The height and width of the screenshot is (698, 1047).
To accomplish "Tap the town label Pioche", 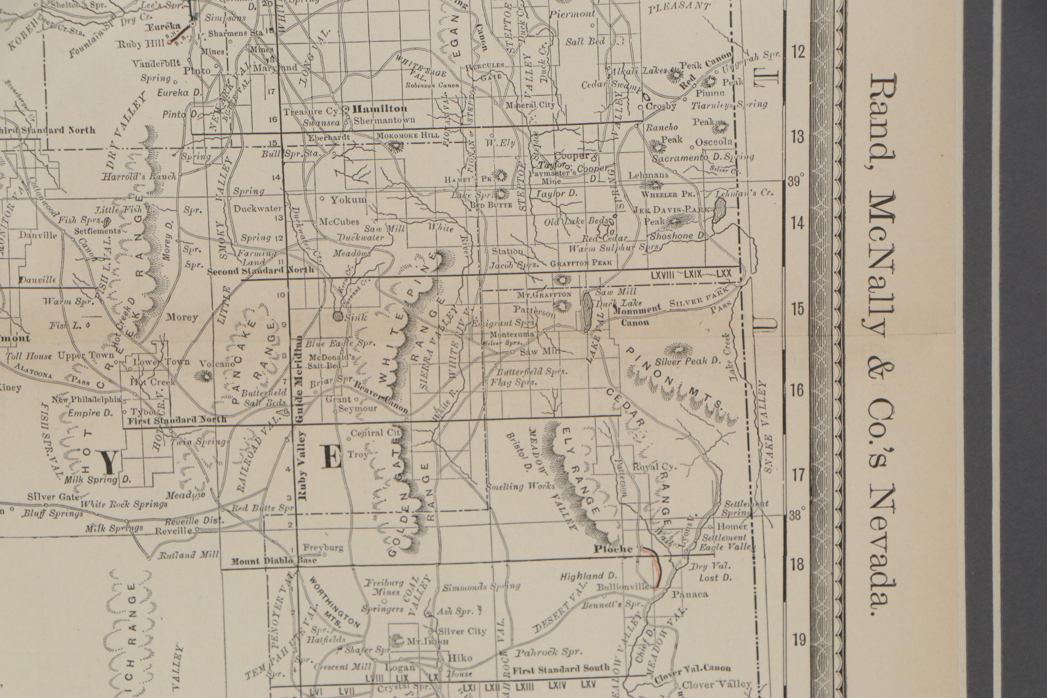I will click(x=613, y=549).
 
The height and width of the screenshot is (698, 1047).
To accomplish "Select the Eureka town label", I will click(x=163, y=27).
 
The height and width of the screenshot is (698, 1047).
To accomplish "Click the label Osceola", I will click(x=714, y=142).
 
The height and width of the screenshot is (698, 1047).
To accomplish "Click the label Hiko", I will click(x=460, y=658).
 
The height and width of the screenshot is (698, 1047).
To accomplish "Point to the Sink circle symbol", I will click(x=338, y=316).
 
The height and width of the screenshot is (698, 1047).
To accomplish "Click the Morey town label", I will click(x=182, y=317).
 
